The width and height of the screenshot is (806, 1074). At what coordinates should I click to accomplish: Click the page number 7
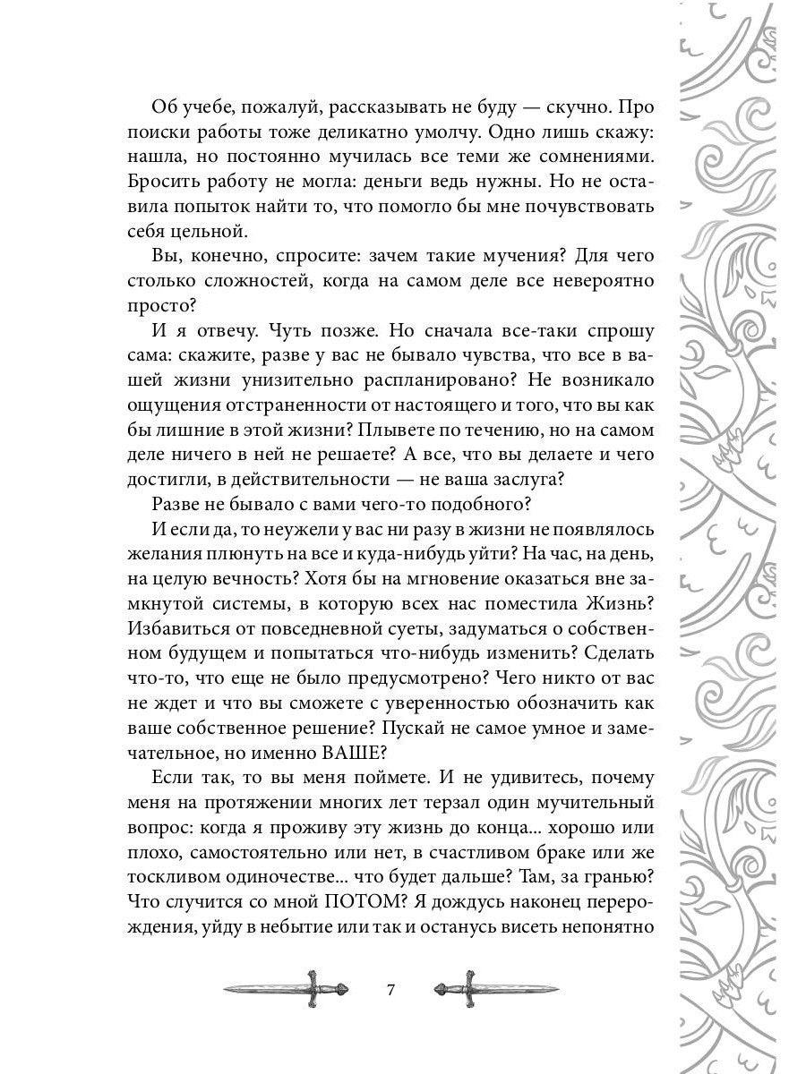pos(389,991)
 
